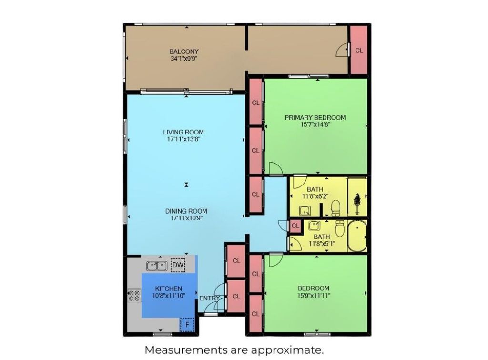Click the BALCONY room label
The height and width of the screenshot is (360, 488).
(184, 51)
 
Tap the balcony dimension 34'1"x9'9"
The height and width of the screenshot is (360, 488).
(184, 59)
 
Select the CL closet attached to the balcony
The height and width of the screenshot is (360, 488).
(359, 50)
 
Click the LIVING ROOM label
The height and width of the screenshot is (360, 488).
(183, 132)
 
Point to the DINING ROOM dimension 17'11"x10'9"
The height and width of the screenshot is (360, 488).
(186, 218)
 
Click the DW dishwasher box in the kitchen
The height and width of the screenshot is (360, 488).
(178, 265)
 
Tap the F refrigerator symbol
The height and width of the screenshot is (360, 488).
(187, 325)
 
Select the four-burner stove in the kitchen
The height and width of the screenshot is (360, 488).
(134, 296)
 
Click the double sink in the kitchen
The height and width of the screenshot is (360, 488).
(156, 266)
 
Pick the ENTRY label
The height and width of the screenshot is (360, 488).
(210, 298)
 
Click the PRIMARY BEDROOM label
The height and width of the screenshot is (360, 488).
(315, 117)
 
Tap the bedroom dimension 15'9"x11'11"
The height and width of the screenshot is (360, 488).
(314, 296)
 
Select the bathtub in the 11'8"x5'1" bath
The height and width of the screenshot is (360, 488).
(356, 236)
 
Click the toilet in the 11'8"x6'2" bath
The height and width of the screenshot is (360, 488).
(335, 208)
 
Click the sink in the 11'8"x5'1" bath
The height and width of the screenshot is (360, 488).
(314, 226)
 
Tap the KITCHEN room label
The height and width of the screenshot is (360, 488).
(168, 288)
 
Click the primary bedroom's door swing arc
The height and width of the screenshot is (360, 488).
(275, 168)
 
